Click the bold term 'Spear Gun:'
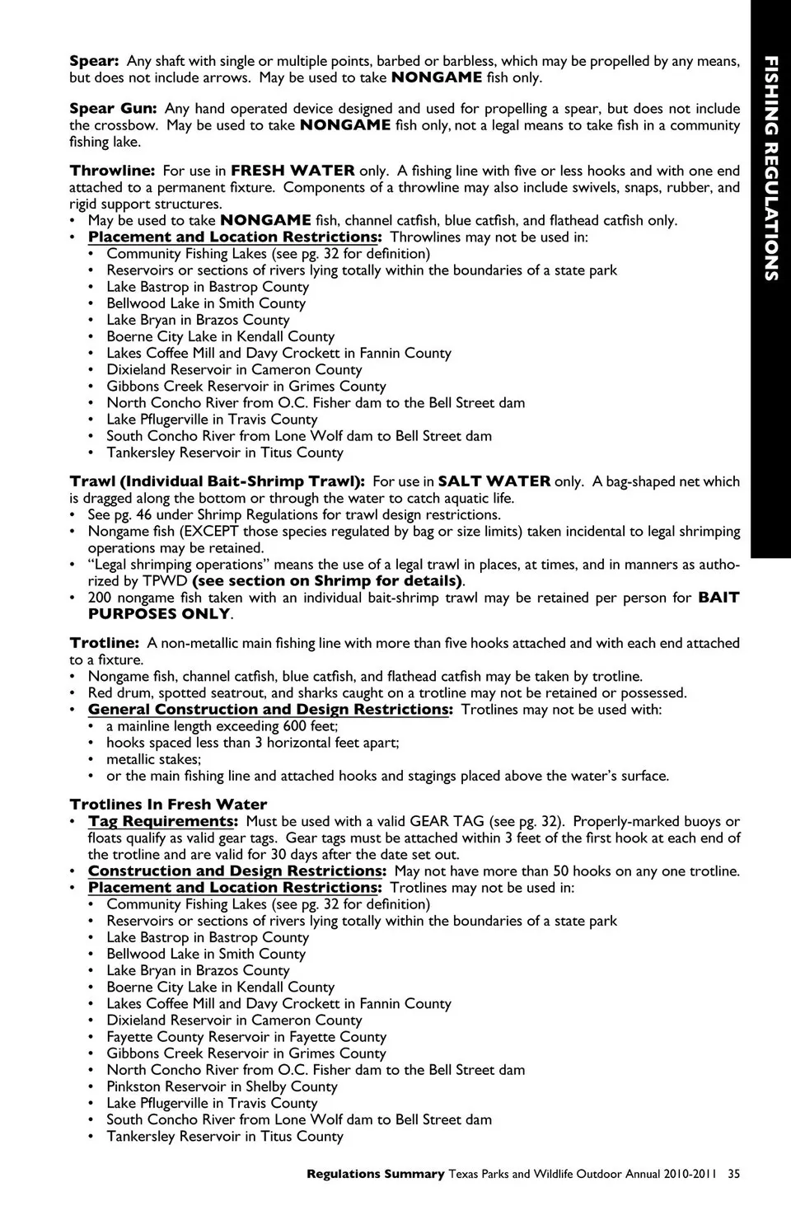[113, 109]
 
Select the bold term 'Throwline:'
[112, 171]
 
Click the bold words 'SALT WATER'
[494, 481]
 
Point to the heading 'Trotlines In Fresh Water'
[168, 805]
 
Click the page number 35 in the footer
[733, 1174]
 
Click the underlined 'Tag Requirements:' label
[163, 822]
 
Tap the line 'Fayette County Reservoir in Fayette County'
[246, 1037]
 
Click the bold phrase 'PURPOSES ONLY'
[159, 614]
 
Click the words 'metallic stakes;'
[153, 759]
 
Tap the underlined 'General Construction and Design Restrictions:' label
[270, 710]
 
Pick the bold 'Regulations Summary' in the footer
[375, 1174]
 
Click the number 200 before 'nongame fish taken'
[100, 598]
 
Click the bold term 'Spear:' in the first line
[95, 61]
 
